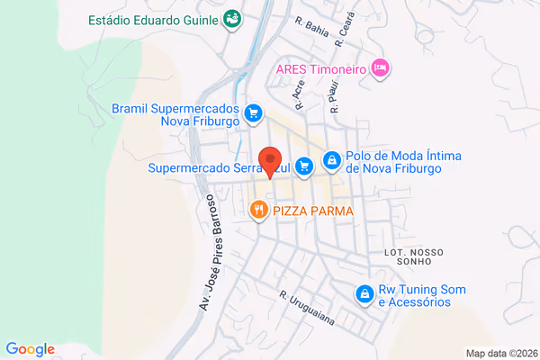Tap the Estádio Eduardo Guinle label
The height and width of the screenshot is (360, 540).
[x=154, y=18]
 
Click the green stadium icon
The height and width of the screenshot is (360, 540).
[x=232, y=17]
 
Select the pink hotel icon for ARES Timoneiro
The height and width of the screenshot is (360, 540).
[x=381, y=67]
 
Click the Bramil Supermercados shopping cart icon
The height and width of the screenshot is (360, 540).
[x=254, y=113]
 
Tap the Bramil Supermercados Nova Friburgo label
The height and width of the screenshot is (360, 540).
[x=175, y=113]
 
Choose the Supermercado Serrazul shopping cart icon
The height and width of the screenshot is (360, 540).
[x=304, y=165]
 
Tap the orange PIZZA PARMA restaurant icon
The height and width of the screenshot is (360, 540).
[x=258, y=211]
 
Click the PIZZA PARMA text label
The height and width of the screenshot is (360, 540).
[x=313, y=211]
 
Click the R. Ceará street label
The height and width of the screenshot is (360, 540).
[x=341, y=32]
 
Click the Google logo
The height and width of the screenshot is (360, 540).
[x=30, y=349]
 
